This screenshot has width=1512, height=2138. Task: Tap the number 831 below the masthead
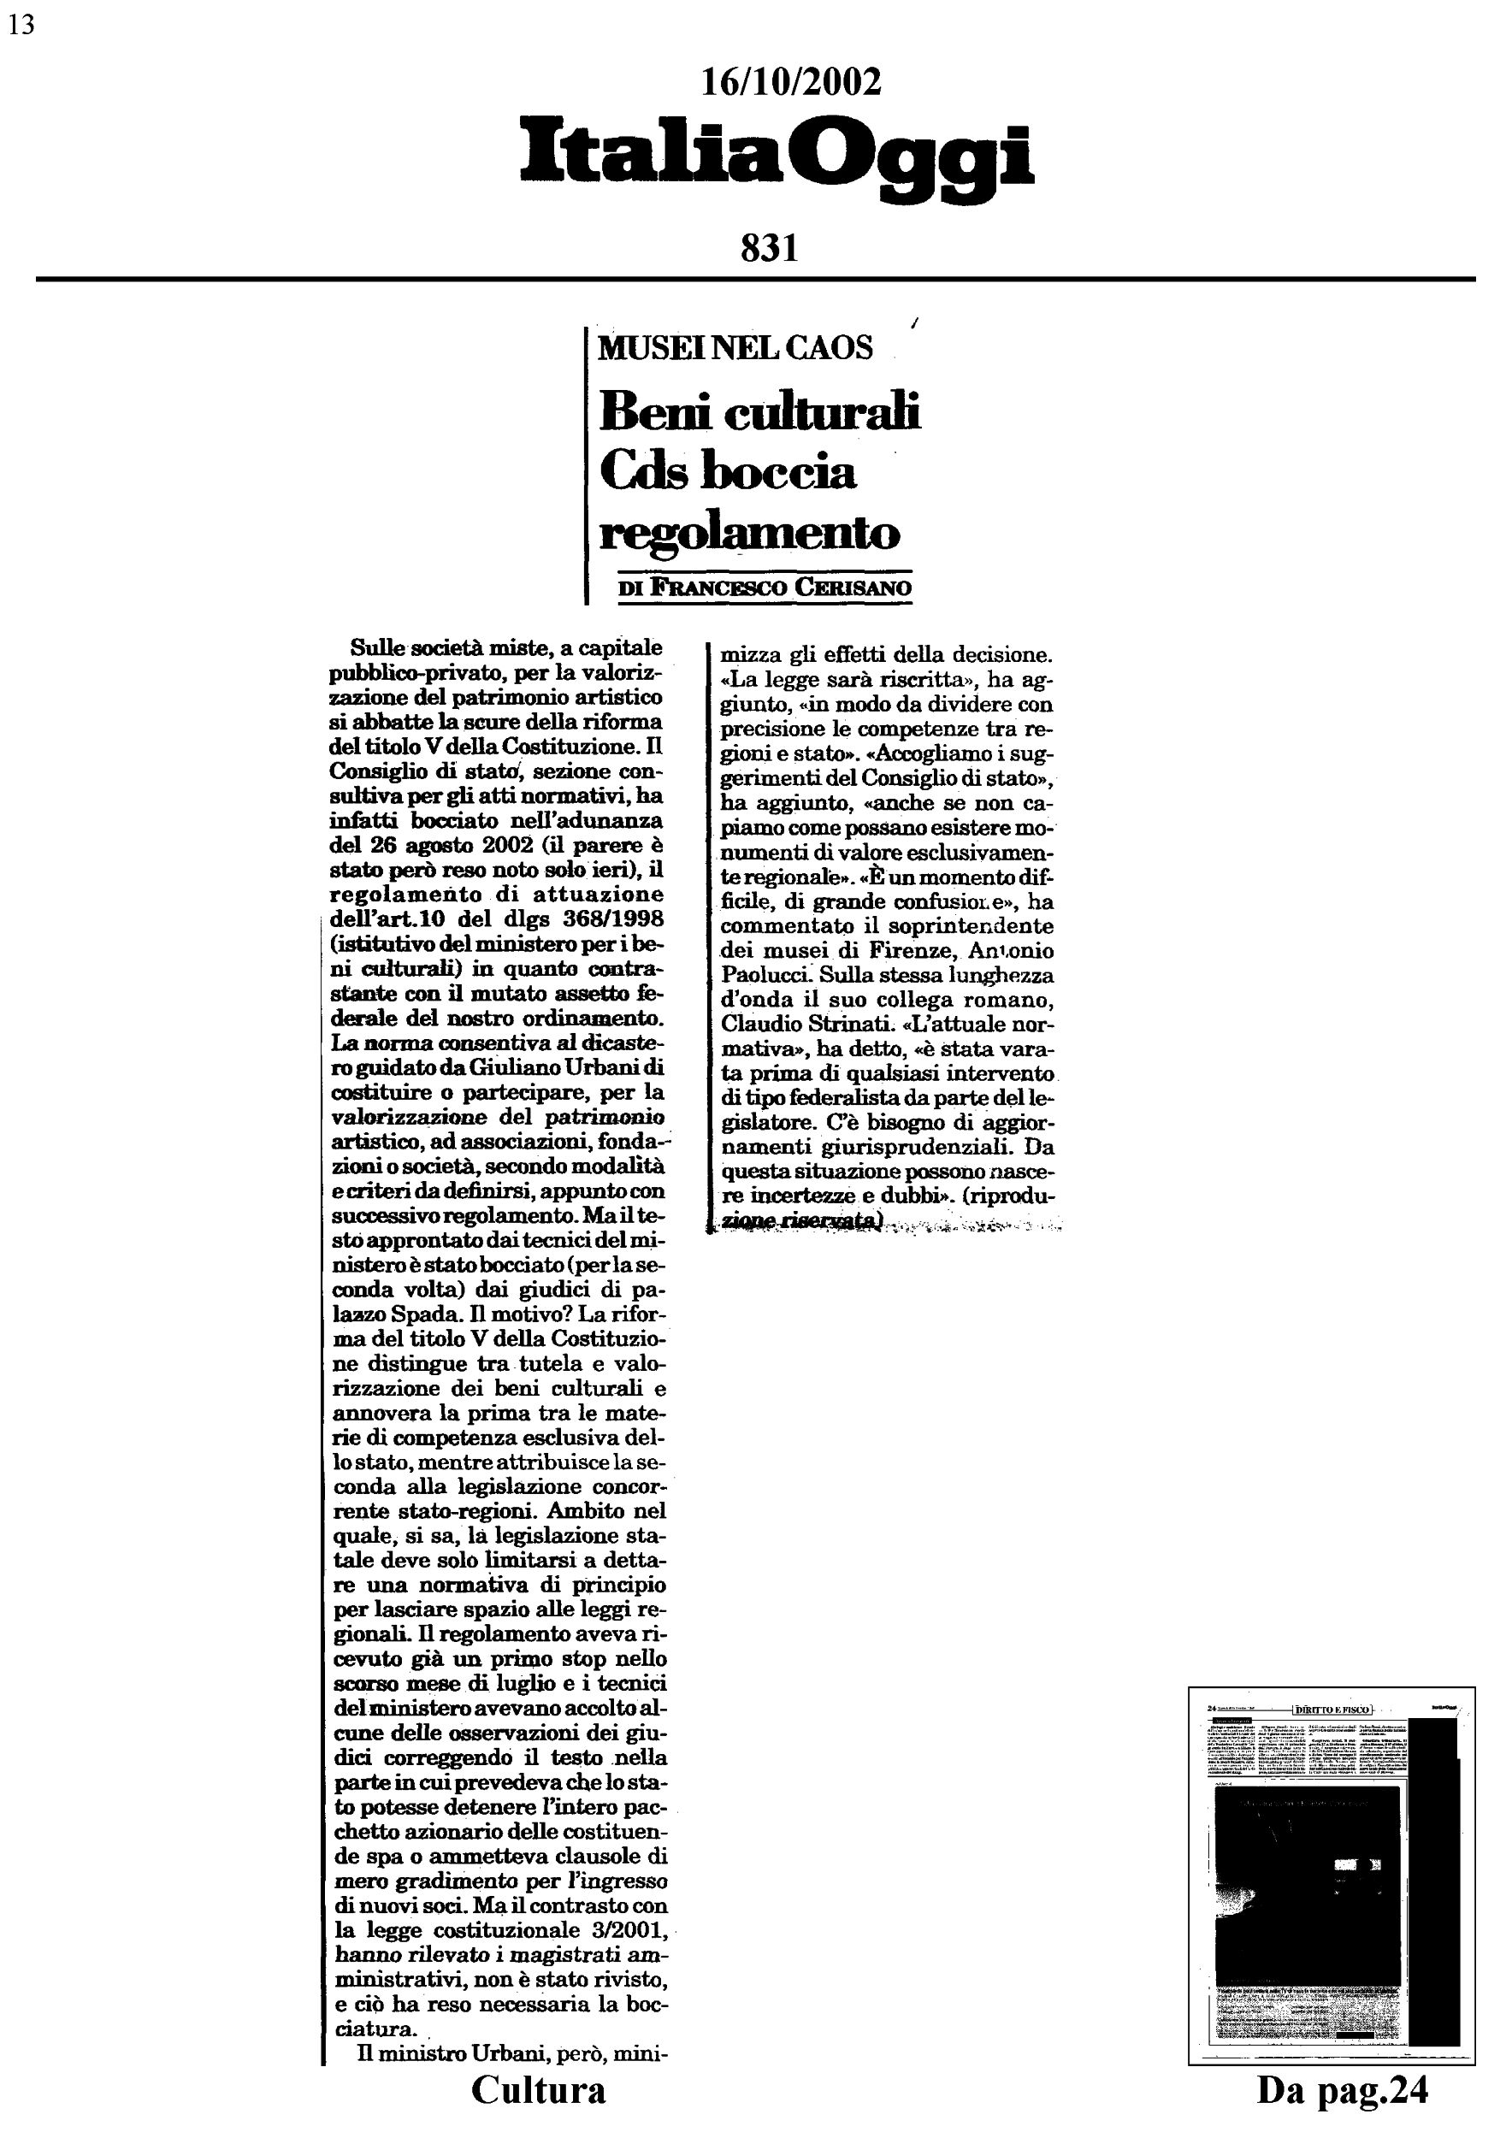pos(770,249)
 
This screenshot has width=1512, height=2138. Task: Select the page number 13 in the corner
pos(21,25)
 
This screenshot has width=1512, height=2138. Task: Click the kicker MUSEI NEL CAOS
pos(735,348)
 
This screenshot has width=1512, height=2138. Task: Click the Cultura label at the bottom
pos(538,2088)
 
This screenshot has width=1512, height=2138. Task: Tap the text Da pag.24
pos(1342,2088)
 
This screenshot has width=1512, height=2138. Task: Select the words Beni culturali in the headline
pos(759,411)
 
